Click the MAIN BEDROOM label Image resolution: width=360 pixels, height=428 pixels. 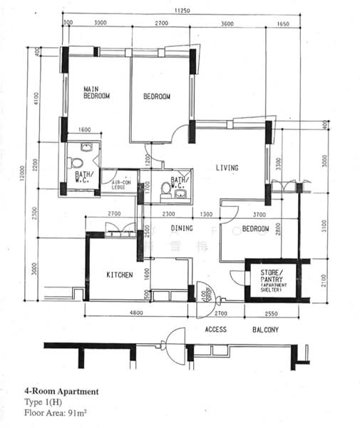click(x=96, y=91)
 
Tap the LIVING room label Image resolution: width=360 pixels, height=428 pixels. click(x=227, y=168)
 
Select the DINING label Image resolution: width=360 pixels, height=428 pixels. click(x=182, y=229)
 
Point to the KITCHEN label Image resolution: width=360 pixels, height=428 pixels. click(x=120, y=275)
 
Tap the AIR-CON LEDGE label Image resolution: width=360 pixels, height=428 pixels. click(x=121, y=185)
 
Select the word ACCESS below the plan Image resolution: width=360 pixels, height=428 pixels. click(x=216, y=330)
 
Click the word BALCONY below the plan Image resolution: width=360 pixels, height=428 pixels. click(x=265, y=330)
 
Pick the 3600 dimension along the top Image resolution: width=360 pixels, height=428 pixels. click(x=227, y=24)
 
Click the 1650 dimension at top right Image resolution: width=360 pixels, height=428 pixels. click(x=283, y=24)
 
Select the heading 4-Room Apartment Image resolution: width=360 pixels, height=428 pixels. click(x=61, y=392)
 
